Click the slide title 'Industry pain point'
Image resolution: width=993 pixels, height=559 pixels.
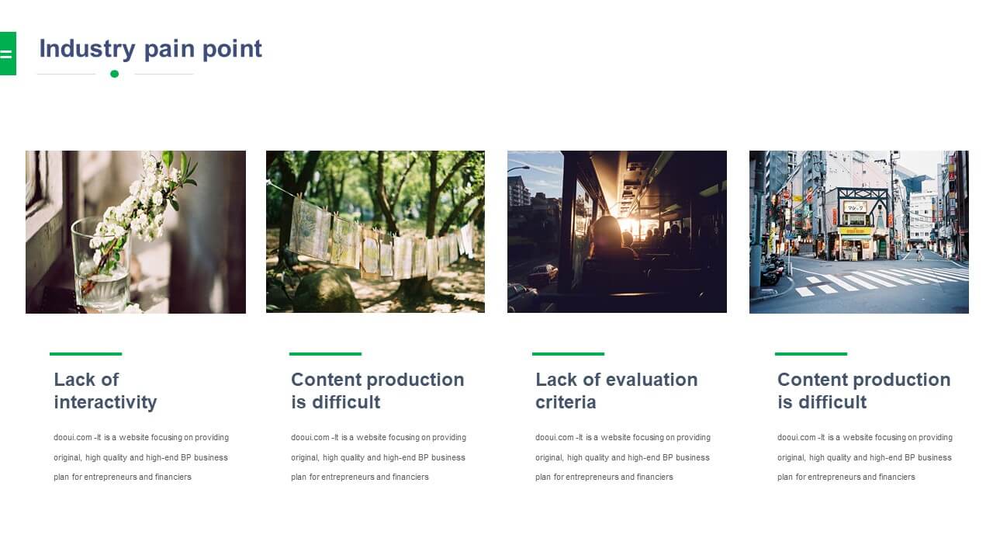[x=151, y=49]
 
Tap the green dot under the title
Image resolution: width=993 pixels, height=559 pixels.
[x=114, y=74]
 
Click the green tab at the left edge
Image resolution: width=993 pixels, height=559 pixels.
[x=8, y=54]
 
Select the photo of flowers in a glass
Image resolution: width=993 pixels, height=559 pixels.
[x=136, y=232]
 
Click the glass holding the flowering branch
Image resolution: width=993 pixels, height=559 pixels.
[x=102, y=266]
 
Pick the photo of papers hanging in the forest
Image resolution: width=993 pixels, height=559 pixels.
[x=375, y=231]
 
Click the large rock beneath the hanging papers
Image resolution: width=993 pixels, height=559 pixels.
[x=328, y=290]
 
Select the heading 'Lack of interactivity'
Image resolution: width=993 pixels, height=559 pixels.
[x=106, y=391]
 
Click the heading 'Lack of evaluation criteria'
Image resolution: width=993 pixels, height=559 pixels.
[x=617, y=391]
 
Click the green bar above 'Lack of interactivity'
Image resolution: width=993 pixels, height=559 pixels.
[x=85, y=354]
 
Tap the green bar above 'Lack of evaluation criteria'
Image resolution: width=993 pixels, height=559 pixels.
[x=569, y=354]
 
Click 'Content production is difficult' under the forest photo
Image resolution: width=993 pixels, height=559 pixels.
[x=378, y=391]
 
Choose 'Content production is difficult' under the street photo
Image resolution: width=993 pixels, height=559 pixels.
[x=864, y=391]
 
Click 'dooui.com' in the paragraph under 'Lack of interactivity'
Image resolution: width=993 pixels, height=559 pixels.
[x=73, y=437]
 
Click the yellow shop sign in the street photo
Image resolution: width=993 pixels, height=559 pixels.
[x=855, y=231]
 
